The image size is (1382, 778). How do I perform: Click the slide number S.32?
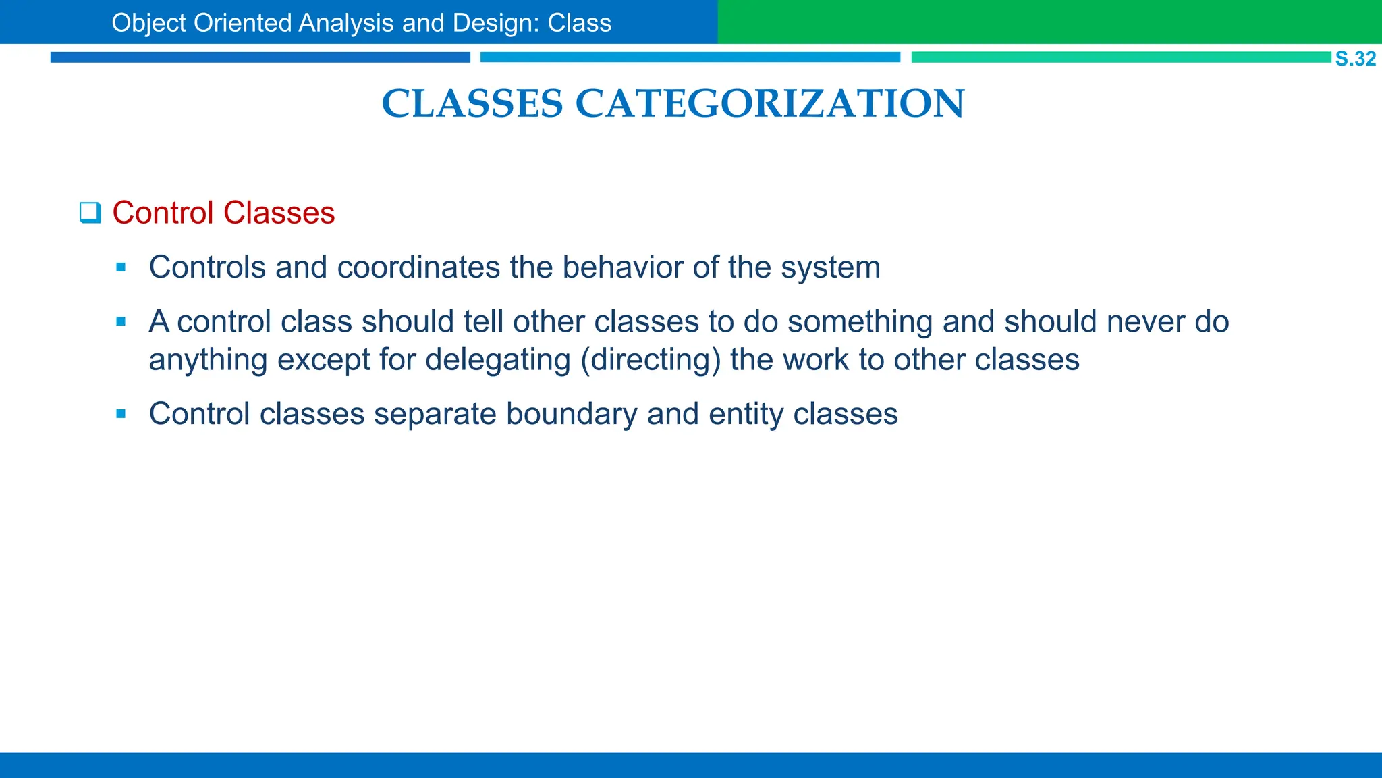[x=1355, y=59]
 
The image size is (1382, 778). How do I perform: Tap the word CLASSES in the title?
[x=472, y=104]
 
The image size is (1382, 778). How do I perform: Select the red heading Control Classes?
[x=223, y=213]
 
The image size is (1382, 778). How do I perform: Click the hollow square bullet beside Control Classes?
[x=90, y=213]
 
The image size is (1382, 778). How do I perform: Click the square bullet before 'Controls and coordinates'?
[x=121, y=268]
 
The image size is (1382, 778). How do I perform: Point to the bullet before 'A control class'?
[x=121, y=322]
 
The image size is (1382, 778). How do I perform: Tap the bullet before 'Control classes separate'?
[x=121, y=414]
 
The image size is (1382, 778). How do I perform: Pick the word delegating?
[x=498, y=360]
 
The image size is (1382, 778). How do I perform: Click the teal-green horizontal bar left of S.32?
[x=1120, y=57]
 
